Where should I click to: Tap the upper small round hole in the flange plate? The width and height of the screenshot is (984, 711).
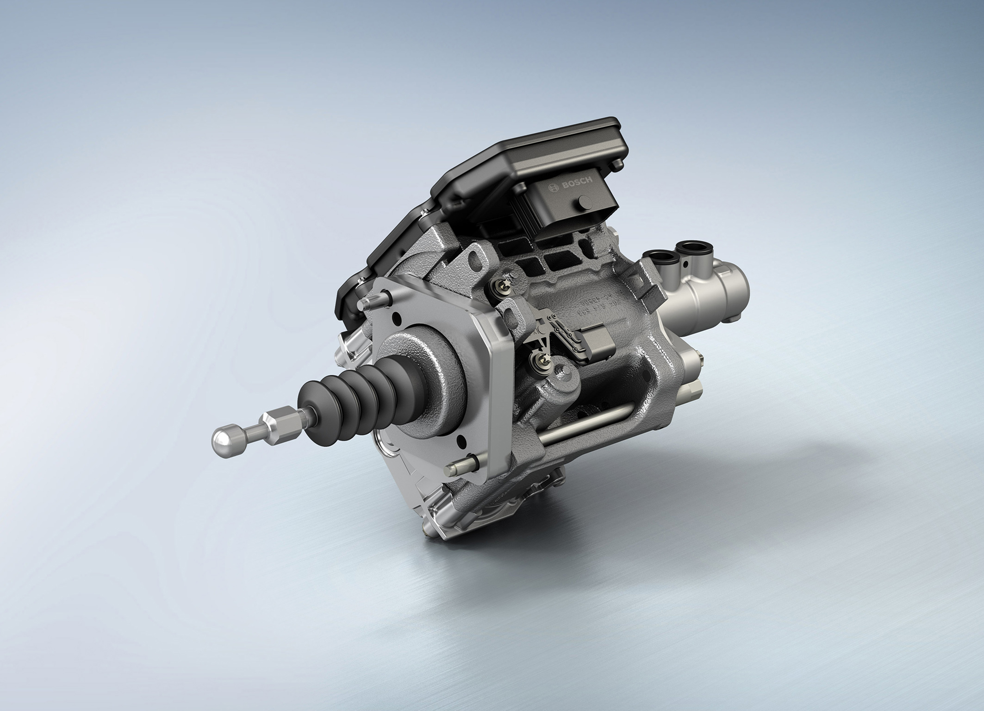397,319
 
